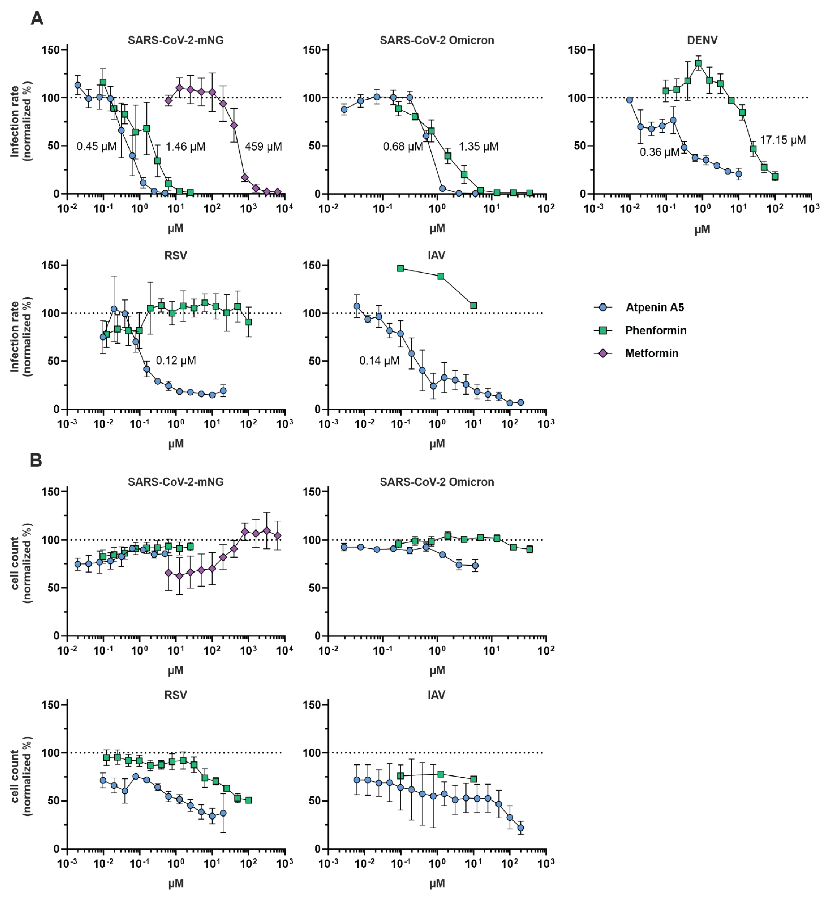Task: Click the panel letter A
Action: (x=37, y=19)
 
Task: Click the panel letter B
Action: (x=36, y=460)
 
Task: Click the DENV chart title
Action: (x=702, y=40)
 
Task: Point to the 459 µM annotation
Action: (x=263, y=146)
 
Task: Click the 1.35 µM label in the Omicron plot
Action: (x=479, y=146)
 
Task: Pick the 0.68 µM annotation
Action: (x=403, y=146)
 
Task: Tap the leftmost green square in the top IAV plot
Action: (x=400, y=268)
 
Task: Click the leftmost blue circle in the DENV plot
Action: (x=630, y=100)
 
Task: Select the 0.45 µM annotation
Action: (x=96, y=146)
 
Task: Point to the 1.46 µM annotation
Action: (x=186, y=146)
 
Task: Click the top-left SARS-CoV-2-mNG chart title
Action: (x=176, y=40)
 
